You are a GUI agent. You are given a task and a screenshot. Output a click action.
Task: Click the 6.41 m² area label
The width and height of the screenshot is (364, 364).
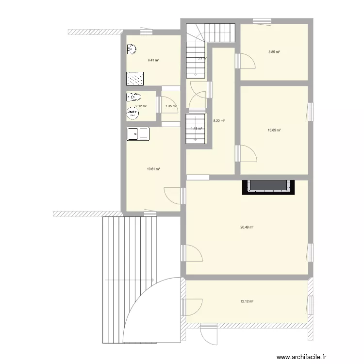[x=153, y=61]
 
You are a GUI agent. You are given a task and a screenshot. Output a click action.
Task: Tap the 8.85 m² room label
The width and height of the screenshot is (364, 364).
[x=274, y=52]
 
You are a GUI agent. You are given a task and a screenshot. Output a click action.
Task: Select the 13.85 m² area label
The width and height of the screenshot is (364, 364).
[x=274, y=130]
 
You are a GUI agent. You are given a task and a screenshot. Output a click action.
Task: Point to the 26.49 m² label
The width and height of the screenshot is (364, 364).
[x=247, y=227]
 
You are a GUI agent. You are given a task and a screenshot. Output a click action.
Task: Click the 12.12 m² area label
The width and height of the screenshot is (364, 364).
[x=247, y=301]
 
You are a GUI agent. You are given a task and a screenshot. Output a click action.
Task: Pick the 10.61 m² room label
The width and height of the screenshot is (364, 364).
[x=153, y=169]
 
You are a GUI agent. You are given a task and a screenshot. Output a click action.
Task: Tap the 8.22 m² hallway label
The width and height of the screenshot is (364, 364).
[x=219, y=121]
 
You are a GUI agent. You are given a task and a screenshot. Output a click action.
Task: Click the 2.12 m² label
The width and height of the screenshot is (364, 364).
[x=141, y=106]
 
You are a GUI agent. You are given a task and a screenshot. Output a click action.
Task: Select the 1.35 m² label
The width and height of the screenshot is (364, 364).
[x=170, y=106]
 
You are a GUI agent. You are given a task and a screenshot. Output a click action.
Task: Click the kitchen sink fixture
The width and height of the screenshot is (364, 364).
[x=138, y=134]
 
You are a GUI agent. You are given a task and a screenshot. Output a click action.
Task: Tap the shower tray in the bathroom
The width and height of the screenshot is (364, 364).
[x=135, y=78]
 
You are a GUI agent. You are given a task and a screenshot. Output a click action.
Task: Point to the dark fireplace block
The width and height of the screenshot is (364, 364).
[x=268, y=187]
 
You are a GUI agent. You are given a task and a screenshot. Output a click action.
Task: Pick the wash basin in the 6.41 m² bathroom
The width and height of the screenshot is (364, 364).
[x=131, y=49]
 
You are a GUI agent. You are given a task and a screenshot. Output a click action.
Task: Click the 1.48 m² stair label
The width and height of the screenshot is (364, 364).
[x=196, y=129]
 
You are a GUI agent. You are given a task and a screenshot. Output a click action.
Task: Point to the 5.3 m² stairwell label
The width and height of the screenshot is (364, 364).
[x=201, y=58]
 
